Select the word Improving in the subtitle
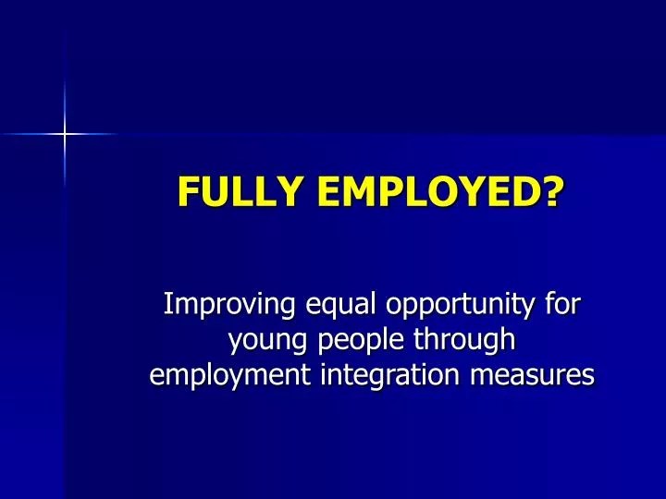tap(221, 304)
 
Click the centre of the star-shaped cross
tap(66, 135)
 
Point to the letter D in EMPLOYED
tap(530, 192)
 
